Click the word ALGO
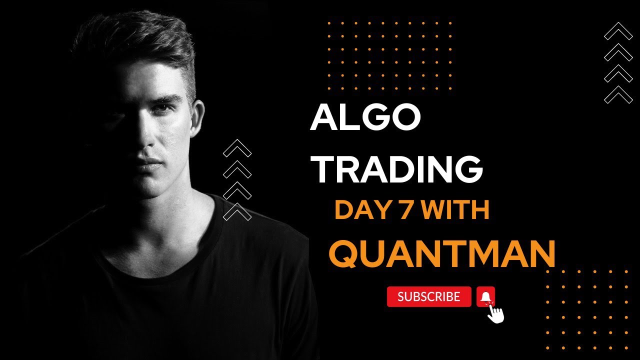click(365, 119)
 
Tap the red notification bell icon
click(485, 297)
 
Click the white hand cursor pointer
click(496, 314)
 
